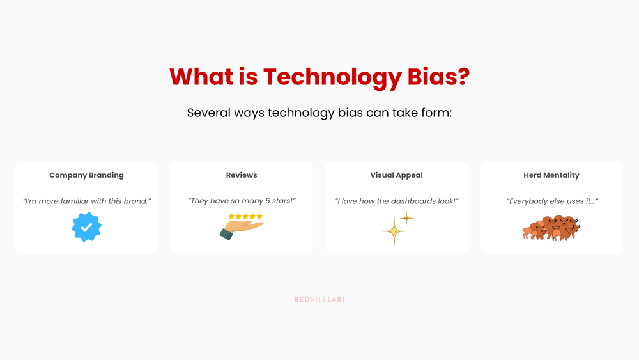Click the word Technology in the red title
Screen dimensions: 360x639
(332, 78)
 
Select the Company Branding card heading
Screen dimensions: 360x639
(86, 175)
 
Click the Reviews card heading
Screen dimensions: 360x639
(242, 175)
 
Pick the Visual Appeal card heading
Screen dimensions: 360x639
(396, 175)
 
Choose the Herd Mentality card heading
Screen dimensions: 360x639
(551, 175)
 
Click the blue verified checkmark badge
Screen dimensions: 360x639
(86, 227)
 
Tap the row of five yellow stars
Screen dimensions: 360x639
(245, 217)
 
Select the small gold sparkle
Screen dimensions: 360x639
(406, 218)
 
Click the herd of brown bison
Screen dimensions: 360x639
(551, 228)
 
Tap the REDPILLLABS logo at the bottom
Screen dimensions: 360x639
(319, 299)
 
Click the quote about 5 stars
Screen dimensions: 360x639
(242, 201)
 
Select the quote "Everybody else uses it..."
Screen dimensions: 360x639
(551, 201)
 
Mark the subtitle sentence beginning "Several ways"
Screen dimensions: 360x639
(319, 113)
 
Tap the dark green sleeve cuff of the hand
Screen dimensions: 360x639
(226, 234)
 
